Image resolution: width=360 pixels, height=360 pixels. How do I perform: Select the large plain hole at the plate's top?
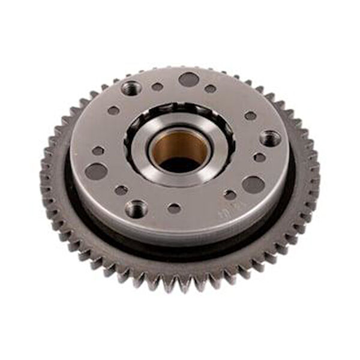pos(188,79)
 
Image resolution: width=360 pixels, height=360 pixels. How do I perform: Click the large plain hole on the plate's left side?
pos(97,172)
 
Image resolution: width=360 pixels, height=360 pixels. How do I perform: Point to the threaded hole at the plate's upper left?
pos(131,88)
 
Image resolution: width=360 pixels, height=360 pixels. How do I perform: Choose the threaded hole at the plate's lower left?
pos(136,209)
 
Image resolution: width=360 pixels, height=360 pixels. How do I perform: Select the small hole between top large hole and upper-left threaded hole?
pos(157,86)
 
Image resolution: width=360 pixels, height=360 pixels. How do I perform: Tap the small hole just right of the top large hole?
pos(211,88)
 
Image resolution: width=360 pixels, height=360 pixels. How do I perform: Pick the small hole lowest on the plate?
pos(174,208)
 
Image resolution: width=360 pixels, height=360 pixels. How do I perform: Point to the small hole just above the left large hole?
pos(98,151)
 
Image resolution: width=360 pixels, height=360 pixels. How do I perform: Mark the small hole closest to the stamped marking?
pos(230,194)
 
